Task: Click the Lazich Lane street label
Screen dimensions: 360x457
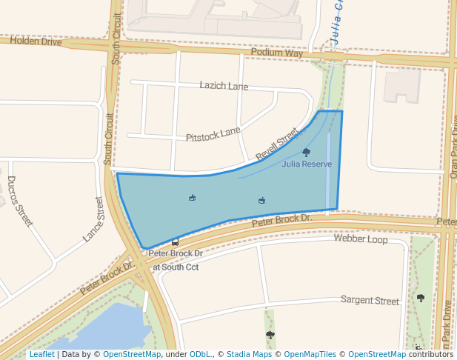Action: [x=224, y=86]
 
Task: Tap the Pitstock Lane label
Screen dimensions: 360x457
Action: [x=213, y=134]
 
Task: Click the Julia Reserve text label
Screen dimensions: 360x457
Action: [x=307, y=164]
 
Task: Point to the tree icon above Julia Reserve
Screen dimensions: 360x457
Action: [x=307, y=152]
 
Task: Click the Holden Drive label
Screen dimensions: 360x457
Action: [x=36, y=41]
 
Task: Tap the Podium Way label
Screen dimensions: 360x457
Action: [x=277, y=53]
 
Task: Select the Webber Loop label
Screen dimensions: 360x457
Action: [x=361, y=239]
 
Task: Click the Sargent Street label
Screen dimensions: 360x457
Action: [x=370, y=301]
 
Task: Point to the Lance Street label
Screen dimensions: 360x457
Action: [x=93, y=219]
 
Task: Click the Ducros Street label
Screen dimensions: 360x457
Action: [x=20, y=201]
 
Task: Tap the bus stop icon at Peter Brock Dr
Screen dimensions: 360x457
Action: [x=175, y=241]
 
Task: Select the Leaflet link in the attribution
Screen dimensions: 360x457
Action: [x=41, y=355]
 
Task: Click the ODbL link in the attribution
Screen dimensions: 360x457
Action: [x=199, y=355]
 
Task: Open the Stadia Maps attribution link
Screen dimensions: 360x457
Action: [x=248, y=355]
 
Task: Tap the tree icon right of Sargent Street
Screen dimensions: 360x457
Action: [x=421, y=298]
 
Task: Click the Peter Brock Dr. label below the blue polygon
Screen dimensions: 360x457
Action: [x=282, y=220]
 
